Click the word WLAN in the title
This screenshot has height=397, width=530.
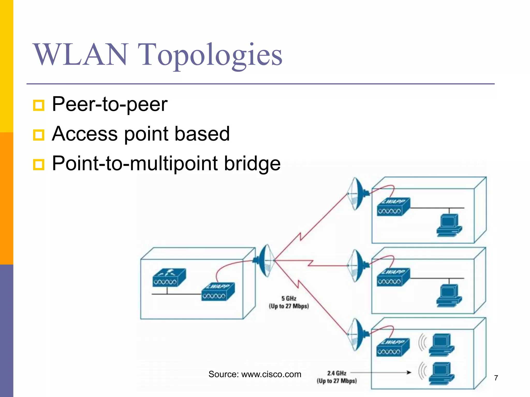[x=80, y=55]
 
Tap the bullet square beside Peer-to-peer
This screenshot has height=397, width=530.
[x=39, y=105]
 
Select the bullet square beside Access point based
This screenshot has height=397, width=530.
[x=39, y=135]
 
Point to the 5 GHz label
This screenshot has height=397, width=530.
[x=289, y=299]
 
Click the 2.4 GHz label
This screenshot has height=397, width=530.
[x=336, y=373]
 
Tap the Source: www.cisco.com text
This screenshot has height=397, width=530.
[x=255, y=374]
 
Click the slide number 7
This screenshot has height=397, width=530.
[x=496, y=378]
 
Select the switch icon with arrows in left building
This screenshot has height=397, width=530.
[x=169, y=278]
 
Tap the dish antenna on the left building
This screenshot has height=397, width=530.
[x=265, y=261]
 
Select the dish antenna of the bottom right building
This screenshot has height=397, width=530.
[x=357, y=334]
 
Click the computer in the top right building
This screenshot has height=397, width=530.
[x=449, y=225]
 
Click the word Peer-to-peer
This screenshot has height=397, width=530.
[x=110, y=104]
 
